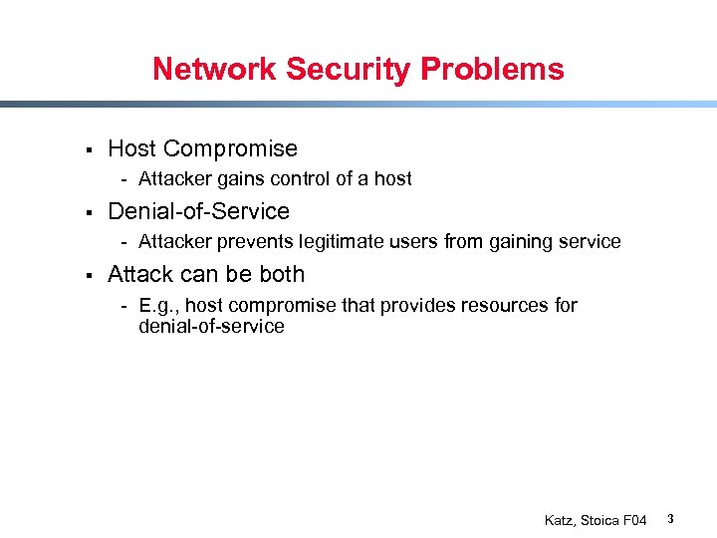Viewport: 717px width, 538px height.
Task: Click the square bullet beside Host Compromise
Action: pos(89,149)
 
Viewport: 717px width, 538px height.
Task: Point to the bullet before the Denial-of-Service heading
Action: pos(89,212)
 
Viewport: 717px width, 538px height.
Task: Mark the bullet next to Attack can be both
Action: pos(89,275)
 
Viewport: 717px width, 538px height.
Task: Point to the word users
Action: pos(416,242)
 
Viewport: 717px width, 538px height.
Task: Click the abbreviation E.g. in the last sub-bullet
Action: pos(158,306)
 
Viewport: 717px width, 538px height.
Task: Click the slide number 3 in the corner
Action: pos(671,519)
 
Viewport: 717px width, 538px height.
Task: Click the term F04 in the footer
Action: pos(635,520)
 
